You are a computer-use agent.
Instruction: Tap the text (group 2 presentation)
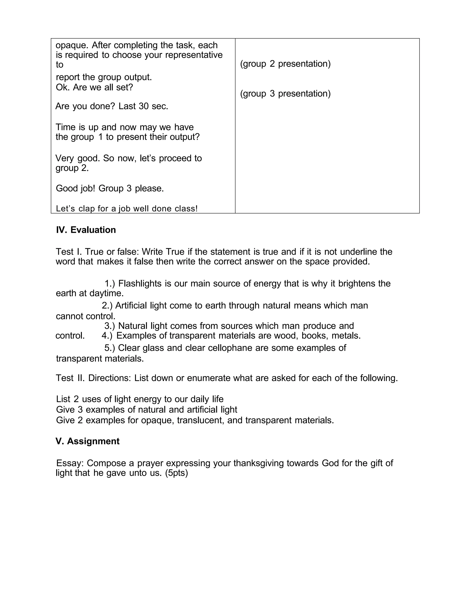[285, 64]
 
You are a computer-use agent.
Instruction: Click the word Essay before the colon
[70, 463]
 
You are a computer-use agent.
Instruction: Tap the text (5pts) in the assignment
[176, 473]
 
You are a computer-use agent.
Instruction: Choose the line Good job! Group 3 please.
[110, 188]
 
